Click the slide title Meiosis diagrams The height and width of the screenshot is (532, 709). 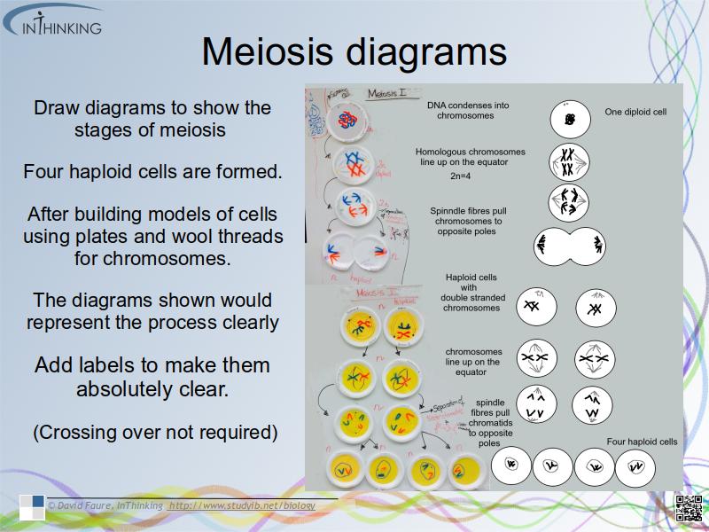click(354, 52)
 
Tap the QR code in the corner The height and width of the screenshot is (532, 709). click(690, 508)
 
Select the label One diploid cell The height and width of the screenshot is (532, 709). click(635, 113)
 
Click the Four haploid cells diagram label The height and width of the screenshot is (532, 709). click(642, 442)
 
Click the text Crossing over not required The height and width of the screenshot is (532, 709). click(155, 433)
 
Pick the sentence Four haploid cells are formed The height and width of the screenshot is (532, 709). click(152, 171)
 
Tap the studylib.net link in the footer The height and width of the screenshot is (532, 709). click(242, 505)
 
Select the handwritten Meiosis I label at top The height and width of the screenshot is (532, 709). click(387, 95)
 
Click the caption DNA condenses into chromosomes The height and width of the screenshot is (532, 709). click(467, 110)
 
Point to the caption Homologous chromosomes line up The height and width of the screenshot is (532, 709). click(471, 157)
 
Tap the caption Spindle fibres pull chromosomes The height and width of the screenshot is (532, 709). click(469, 221)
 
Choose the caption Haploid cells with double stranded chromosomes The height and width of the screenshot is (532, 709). click(471, 292)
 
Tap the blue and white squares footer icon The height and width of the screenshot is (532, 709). click(32, 507)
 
